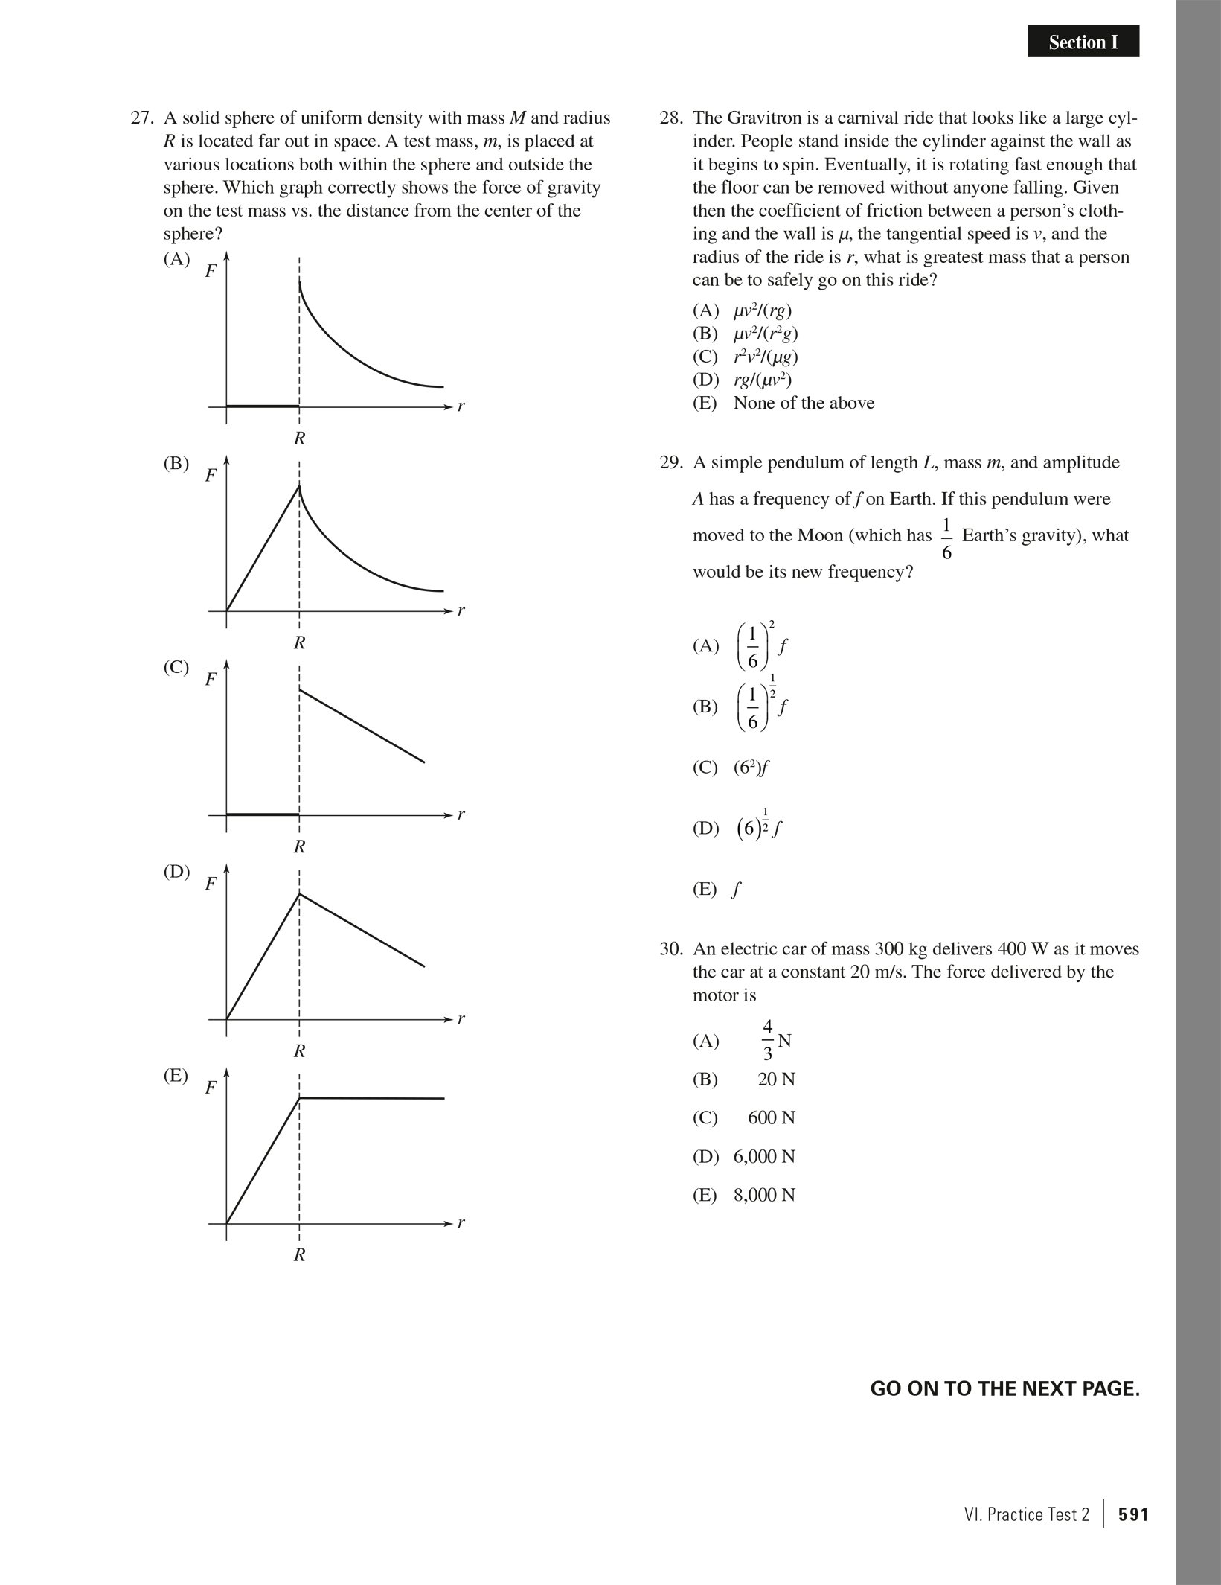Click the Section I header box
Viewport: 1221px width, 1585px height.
click(x=1083, y=42)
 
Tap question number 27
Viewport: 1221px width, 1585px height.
click(x=141, y=118)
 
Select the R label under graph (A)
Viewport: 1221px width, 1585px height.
click(x=299, y=438)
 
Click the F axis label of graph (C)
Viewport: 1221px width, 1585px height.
click(x=211, y=679)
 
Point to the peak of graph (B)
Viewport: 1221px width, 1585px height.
click(x=299, y=486)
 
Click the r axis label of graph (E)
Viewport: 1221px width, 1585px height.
click(x=461, y=1222)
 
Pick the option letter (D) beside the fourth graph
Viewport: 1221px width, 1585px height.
click(x=176, y=871)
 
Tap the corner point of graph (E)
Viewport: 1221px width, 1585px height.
click(x=299, y=1097)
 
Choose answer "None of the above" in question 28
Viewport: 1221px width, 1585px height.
click(x=804, y=403)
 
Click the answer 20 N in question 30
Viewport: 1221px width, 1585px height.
click(x=776, y=1079)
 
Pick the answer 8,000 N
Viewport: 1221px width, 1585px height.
click(x=764, y=1195)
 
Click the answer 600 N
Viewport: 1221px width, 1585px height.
click(x=772, y=1117)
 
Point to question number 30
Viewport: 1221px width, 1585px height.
click(x=670, y=948)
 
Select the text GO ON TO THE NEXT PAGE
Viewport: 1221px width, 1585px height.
click(x=1004, y=1388)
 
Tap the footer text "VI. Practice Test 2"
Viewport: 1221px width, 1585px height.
click(x=1026, y=1514)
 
